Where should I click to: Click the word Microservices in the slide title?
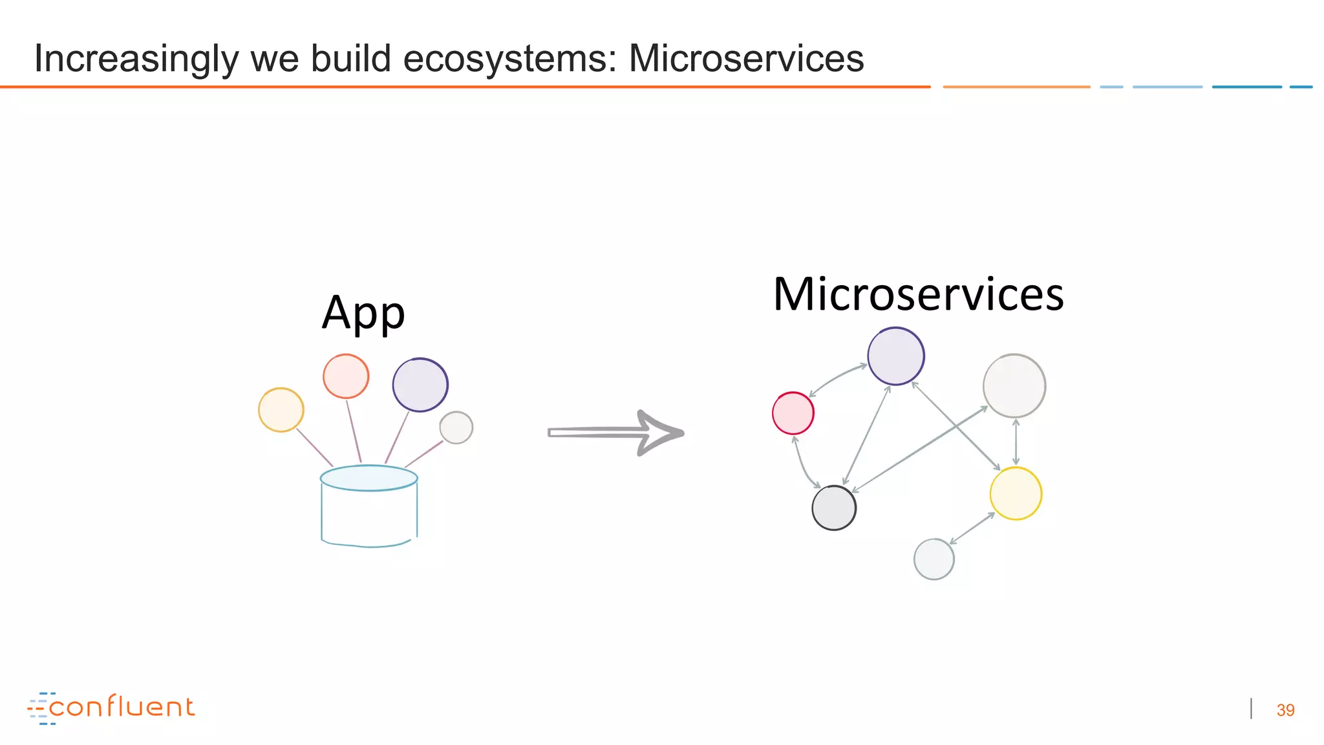[x=746, y=58]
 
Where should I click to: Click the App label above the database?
[x=363, y=313]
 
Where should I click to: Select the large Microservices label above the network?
[x=918, y=295]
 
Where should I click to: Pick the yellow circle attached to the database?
[x=281, y=410]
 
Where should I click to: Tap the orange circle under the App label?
[x=346, y=376]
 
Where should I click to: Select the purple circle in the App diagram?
[x=420, y=385]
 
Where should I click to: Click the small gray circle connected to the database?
[x=456, y=427]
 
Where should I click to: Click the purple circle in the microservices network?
[x=896, y=356]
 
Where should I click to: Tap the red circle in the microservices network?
[x=793, y=413]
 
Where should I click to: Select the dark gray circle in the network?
[x=834, y=508]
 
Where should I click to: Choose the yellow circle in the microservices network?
[x=1016, y=493]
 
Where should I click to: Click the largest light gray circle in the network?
[x=1014, y=386]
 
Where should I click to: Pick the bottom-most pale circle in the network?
[x=934, y=559]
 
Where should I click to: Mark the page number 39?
[x=1285, y=710]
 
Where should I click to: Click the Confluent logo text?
[x=122, y=707]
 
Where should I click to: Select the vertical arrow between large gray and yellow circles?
[x=1016, y=442]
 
